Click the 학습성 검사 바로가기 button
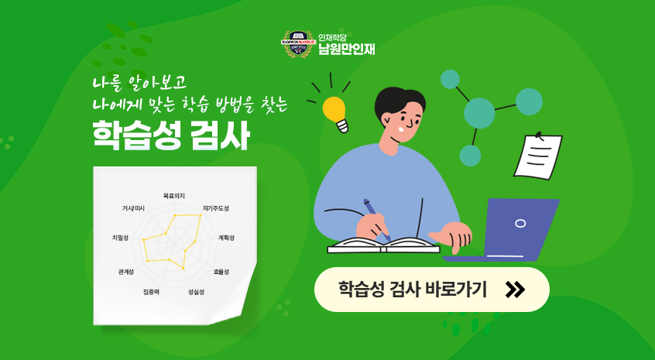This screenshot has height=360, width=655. (x=431, y=290)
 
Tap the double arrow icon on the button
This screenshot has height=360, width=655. (x=514, y=290)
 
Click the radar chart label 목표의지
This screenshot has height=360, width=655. (x=174, y=196)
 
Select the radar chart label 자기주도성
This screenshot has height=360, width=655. (x=216, y=208)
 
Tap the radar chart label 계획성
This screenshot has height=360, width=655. (x=226, y=237)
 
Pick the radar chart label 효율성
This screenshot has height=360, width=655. (x=221, y=272)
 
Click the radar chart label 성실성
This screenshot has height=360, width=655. (x=196, y=292)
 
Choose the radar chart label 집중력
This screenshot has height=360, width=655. (x=151, y=292)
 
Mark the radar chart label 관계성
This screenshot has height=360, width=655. (x=126, y=272)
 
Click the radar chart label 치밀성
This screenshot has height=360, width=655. (x=121, y=237)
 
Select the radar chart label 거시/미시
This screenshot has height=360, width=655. (x=133, y=208)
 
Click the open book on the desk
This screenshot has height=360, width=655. (x=383, y=245)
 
